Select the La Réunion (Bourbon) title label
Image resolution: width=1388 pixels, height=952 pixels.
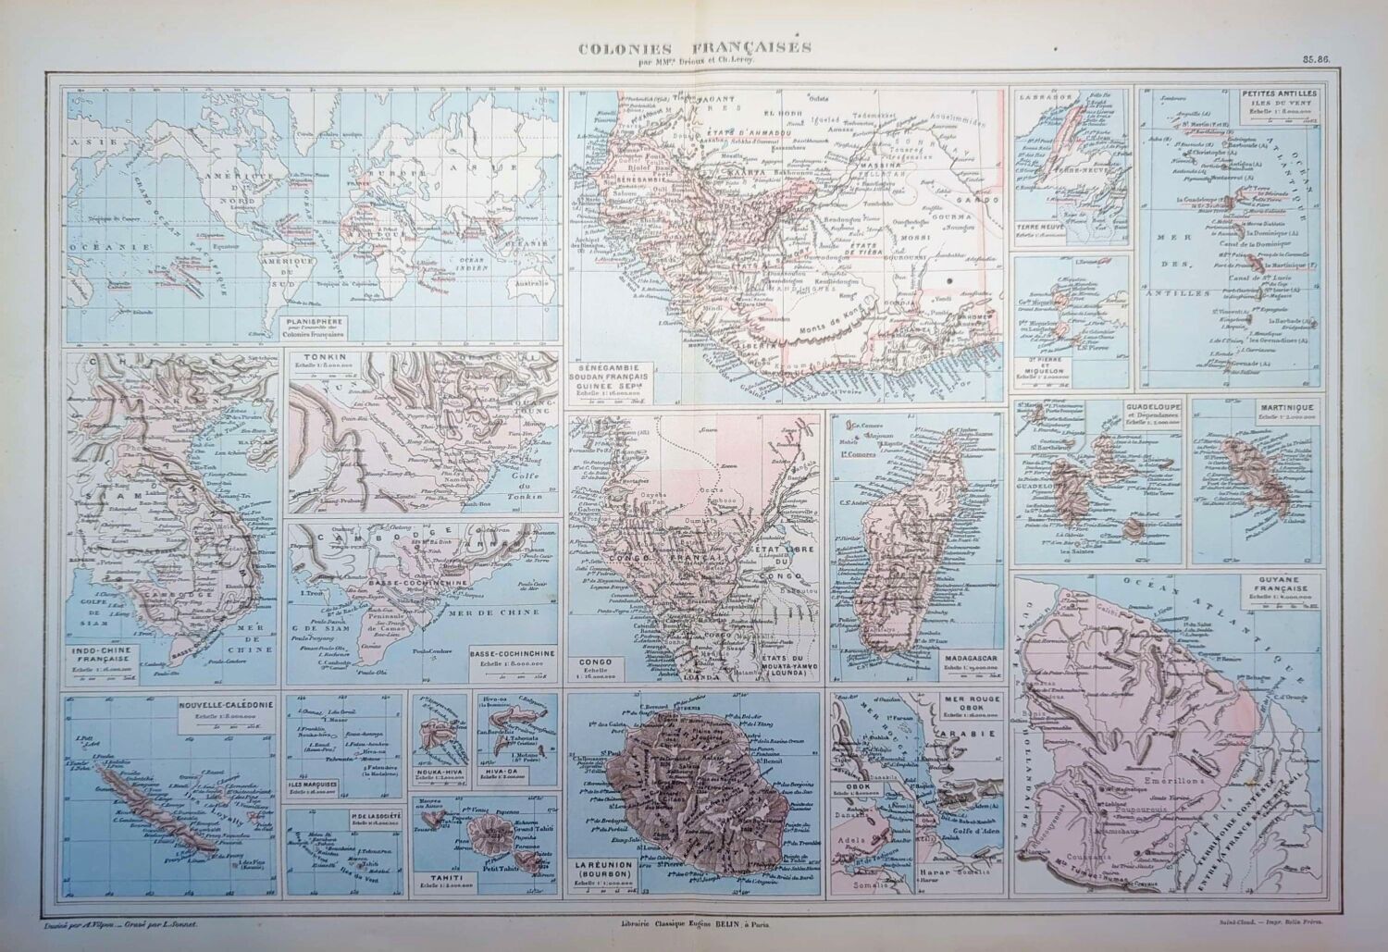pos(606,870)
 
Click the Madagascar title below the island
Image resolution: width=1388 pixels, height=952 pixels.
pos(965,659)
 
